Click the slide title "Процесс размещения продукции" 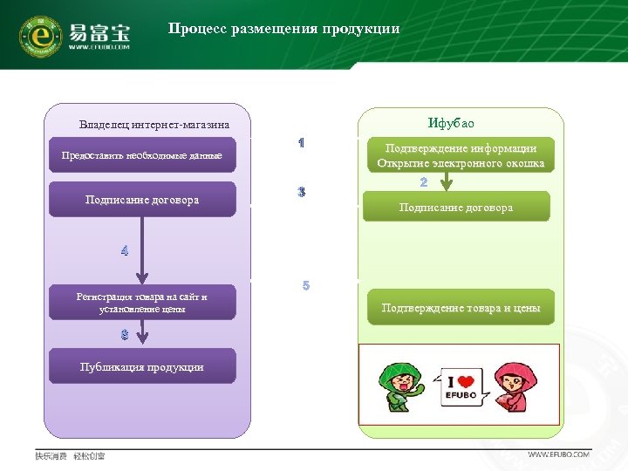(283, 29)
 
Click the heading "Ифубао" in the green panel (451, 123)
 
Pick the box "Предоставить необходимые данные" (142, 155)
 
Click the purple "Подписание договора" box (142, 200)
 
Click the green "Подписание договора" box (456, 208)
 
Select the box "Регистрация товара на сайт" (142, 303)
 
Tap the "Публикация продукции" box (142, 366)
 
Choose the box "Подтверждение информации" (461, 155)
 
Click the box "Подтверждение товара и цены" (461, 308)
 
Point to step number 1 (301, 142)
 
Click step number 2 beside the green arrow (424, 182)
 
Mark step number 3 (301, 192)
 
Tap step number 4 (125, 251)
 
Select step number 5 (305, 285)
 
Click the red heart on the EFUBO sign (468, 382)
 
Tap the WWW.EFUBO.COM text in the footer (559, 454)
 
